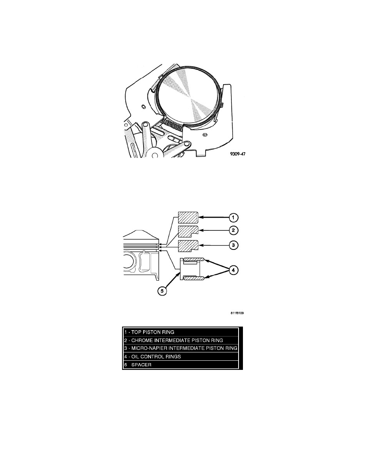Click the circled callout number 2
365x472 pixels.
(235, 230)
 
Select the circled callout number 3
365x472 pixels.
(235, 245)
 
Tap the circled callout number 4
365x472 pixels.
(235, 271)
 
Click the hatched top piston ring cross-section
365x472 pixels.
(188, 217)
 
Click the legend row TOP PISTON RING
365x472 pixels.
(180, 332)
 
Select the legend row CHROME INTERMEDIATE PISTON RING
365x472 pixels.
(180, 340)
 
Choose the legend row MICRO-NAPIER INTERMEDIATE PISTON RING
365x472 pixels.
(180, 348)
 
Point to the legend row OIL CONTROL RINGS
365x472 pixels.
(180, 356)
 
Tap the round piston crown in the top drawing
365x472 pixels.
(188, 96)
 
